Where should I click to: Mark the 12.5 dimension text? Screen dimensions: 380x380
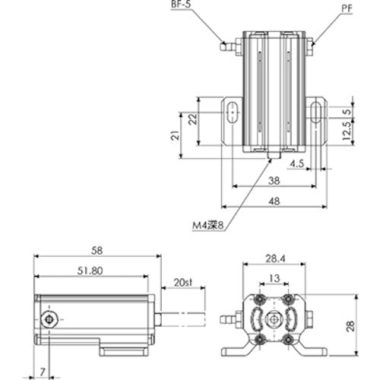pos(347,134)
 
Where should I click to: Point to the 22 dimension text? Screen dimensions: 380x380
pos(192,119)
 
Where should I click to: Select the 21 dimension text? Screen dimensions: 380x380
pos(174,135)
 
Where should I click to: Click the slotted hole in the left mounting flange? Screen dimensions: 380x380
pos(230,115)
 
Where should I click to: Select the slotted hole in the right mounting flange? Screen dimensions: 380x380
pos(317,115)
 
